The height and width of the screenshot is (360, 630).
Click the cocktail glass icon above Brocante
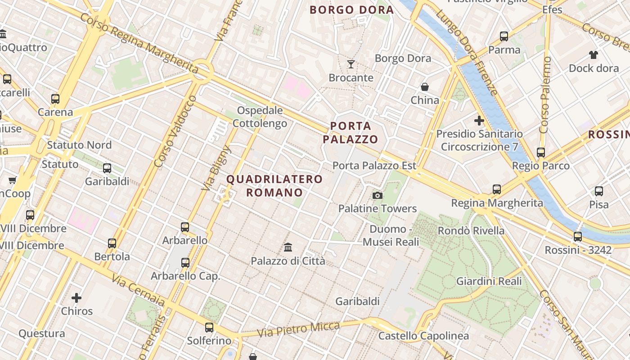point(351,64)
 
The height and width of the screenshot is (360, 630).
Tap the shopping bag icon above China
point(424,87)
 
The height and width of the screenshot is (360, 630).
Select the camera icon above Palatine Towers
point(378,195)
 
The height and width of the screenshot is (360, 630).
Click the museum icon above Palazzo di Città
point(288,247)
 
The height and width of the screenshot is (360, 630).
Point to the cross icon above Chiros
point(76,297)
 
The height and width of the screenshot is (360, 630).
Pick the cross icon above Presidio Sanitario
point(479,121)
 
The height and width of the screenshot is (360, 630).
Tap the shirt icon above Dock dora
point(594,55)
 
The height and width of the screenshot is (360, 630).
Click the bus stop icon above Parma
point(504,36)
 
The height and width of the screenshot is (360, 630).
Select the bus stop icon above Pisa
point(599,191)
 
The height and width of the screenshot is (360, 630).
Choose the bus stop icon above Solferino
point(209,328)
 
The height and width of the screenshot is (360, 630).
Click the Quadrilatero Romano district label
point(274,186)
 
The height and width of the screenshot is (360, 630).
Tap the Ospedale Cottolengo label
point(260,117)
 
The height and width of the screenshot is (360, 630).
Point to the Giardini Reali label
point(489,281)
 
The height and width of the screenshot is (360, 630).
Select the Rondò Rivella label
point(471,231)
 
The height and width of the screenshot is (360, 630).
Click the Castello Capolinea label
point(423,336)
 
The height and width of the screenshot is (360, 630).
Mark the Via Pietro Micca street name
point(298,329)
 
